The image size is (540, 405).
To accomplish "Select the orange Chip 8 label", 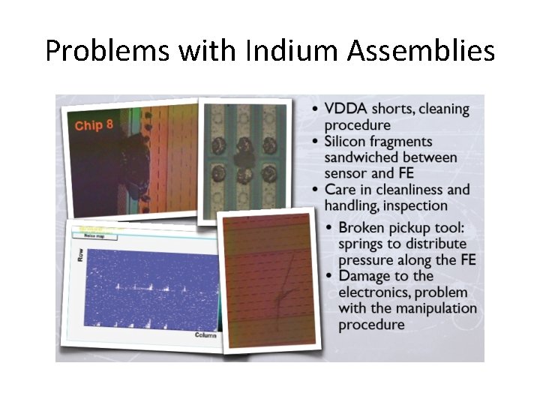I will pos(94,124).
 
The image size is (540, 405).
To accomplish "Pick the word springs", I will pos(361,244).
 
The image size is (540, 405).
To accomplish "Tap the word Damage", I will pos(364,276).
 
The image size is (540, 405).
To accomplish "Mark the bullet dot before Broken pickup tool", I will pos(331,228).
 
